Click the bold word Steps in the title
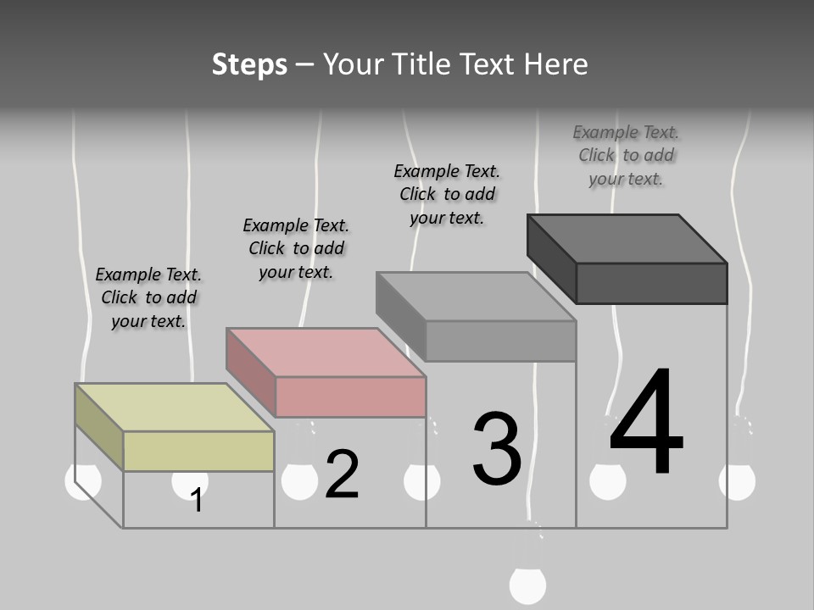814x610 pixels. click(x=249, y=65)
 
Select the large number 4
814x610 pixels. click(x=646, y=420)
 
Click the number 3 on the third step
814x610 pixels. click(x=497, y=448)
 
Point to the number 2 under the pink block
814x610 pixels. click(x=342, y=474)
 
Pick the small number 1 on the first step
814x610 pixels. click(x=196, y=500)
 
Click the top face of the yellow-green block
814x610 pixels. click(x=174, y=408)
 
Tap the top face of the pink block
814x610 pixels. click(x=326, y=352)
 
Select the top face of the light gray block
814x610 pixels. click(x=476, y=297)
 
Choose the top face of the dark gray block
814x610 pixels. click(x=627, y=239)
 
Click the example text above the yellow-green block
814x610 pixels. click(x=148, y=297)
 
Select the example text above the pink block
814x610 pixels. click(x=296, y=248)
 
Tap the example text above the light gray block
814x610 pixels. click(x=447, y=195)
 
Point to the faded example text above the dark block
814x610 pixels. click(x=626, y=156)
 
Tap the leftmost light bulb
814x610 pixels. click(x=83, y=481)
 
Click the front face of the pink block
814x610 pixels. click(x=350, y=396)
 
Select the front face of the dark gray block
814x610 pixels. click(x=651, y=283)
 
